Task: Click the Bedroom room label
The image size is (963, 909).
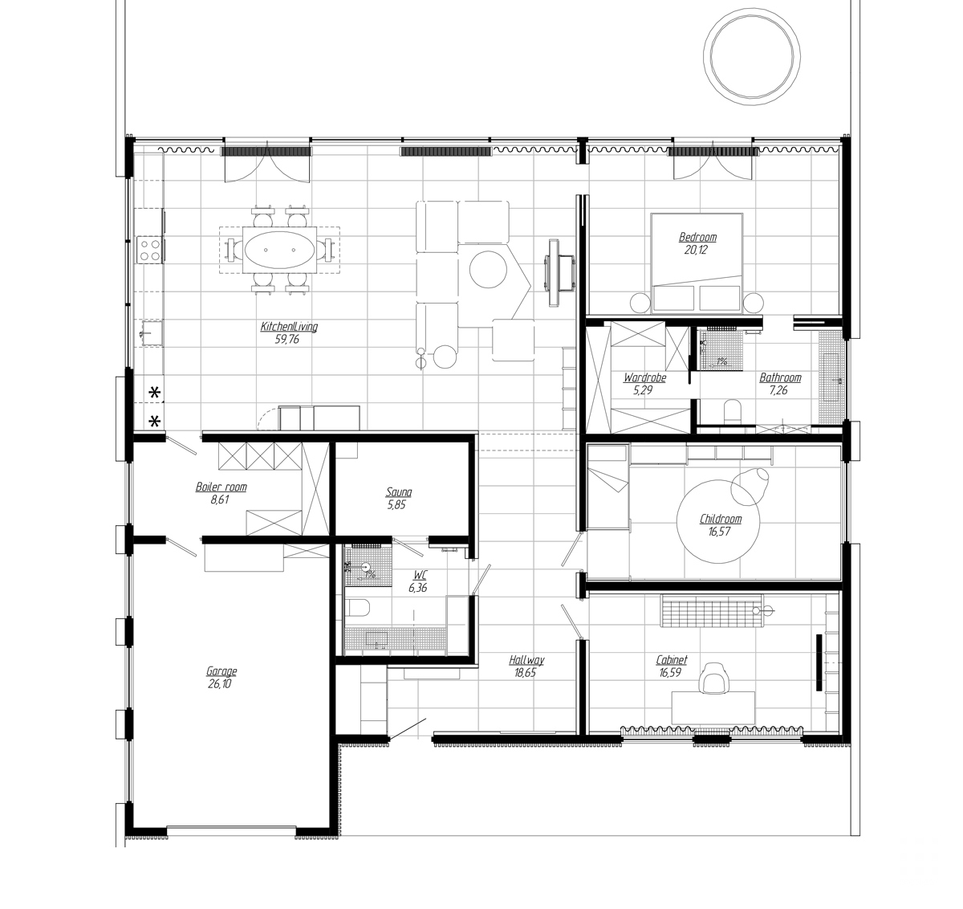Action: tap(697, 237)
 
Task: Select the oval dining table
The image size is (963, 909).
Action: tap(280, 250)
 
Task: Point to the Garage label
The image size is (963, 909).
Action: tap(221, 671)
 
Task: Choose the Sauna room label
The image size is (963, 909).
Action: tap(399, 492)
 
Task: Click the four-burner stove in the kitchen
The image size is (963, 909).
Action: tap(148, 249)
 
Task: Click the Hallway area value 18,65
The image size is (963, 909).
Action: tap(526, 673)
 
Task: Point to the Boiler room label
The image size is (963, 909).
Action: tap(221, 487)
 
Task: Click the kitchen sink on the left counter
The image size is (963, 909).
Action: tap(149, 332)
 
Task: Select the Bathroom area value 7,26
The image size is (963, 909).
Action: tap(779, 389)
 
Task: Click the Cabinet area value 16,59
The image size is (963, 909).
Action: tap(670, 673)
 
